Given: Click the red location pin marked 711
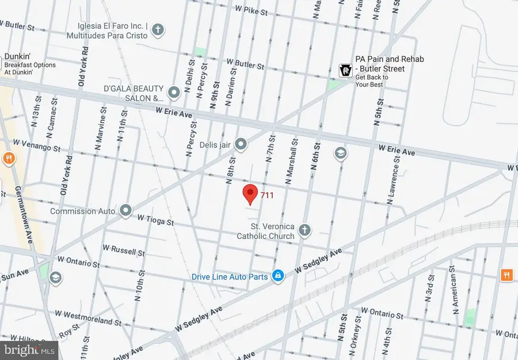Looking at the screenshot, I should point(250,194).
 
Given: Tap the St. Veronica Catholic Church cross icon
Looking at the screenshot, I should point(304,230).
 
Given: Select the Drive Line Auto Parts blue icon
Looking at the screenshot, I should point(278,276).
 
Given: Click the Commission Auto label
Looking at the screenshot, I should point(82,211).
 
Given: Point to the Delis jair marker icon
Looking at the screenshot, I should point(241,144).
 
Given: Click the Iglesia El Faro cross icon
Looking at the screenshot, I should point(157,29).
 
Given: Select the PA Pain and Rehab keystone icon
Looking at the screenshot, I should point(345,70).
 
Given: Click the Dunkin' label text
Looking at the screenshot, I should point(17,56).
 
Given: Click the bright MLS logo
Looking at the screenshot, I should point(29,348).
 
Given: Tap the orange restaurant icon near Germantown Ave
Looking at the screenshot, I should point(8,158).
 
